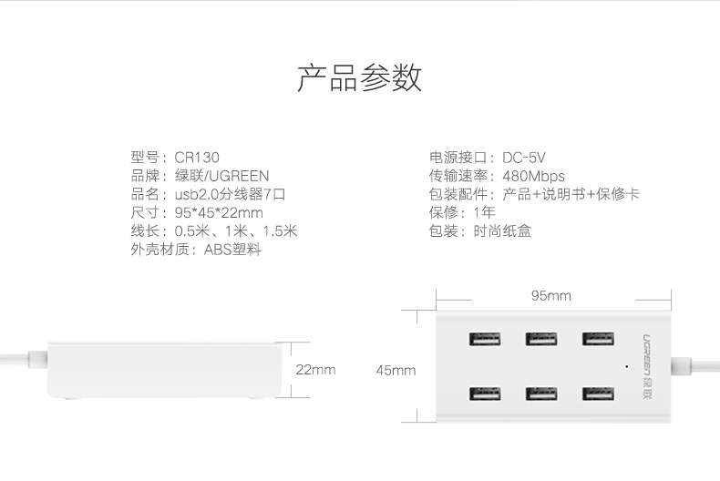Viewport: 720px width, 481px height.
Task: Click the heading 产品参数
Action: click(x=359, y=78)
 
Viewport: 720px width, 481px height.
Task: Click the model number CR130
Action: click(x=197, y=158)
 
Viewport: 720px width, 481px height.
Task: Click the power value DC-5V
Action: click(x=524, y=158)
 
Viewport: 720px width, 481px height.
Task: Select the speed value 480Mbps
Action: click(x=534, y=176)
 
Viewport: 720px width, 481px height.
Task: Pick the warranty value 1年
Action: click(x=484, y=212)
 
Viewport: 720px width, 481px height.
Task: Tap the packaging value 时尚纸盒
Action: click(x=502, y=231)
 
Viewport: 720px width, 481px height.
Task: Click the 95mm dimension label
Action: click(x=550, y=296)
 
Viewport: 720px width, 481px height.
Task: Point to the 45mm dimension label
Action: click(x=396, y=370)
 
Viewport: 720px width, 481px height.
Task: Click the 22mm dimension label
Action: click(x=315, y=370)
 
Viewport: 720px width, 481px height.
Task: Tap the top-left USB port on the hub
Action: click(x=484, y=340)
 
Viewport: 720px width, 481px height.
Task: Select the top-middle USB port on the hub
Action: click(x=540, y=340)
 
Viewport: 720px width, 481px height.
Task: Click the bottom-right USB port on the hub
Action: click(x=597, y=394)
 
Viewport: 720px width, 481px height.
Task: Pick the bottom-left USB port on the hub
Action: click(x=484, y=394)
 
